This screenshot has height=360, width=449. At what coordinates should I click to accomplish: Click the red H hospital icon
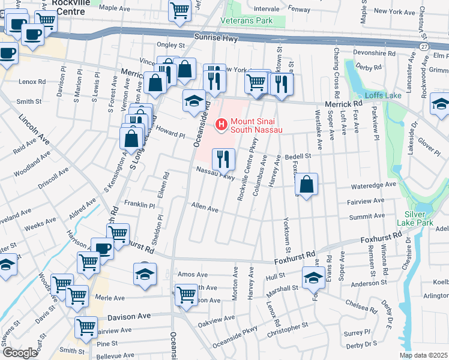pos(221,125)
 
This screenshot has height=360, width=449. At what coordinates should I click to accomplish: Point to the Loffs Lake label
pos(379,95)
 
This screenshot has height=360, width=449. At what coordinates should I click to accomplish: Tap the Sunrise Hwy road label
pos(216,38)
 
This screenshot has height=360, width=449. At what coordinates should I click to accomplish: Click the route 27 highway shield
pos(424,46)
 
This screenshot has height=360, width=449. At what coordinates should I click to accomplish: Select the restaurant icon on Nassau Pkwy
pos(223,159)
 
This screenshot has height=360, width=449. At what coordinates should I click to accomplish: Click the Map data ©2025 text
pos(423,355)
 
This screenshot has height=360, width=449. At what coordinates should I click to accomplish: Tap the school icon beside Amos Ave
pos(144,274)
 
